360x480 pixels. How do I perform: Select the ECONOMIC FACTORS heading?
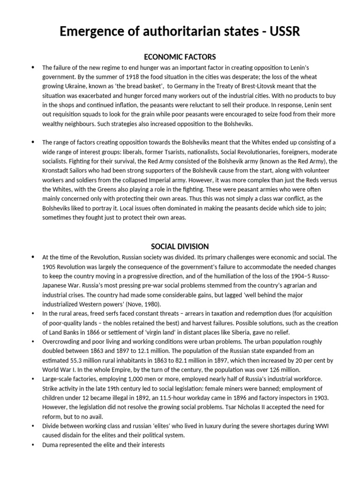(x=180, y=57)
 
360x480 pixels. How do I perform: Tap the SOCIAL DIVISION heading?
(x=180, y=247)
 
